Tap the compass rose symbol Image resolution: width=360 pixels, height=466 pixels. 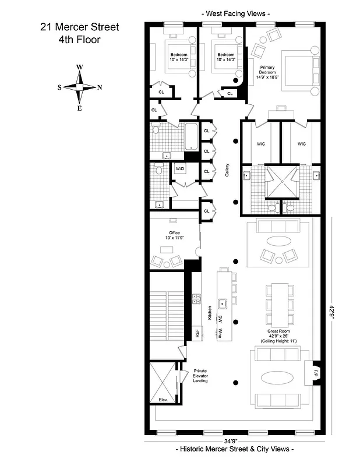(x=80, y=87)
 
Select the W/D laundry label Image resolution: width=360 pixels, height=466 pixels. (x=180, y=168)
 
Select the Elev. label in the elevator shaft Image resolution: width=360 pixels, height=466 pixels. (x=163, y=400)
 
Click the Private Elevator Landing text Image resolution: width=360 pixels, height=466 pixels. (x=200, y=377)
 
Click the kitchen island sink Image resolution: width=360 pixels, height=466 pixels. (x=222, y=303)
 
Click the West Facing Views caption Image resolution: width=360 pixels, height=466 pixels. (x=235, y=12)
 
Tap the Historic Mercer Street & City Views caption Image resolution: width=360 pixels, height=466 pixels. (x=235, y=450)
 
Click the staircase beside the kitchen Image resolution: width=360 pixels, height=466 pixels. (x=167, y=315)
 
